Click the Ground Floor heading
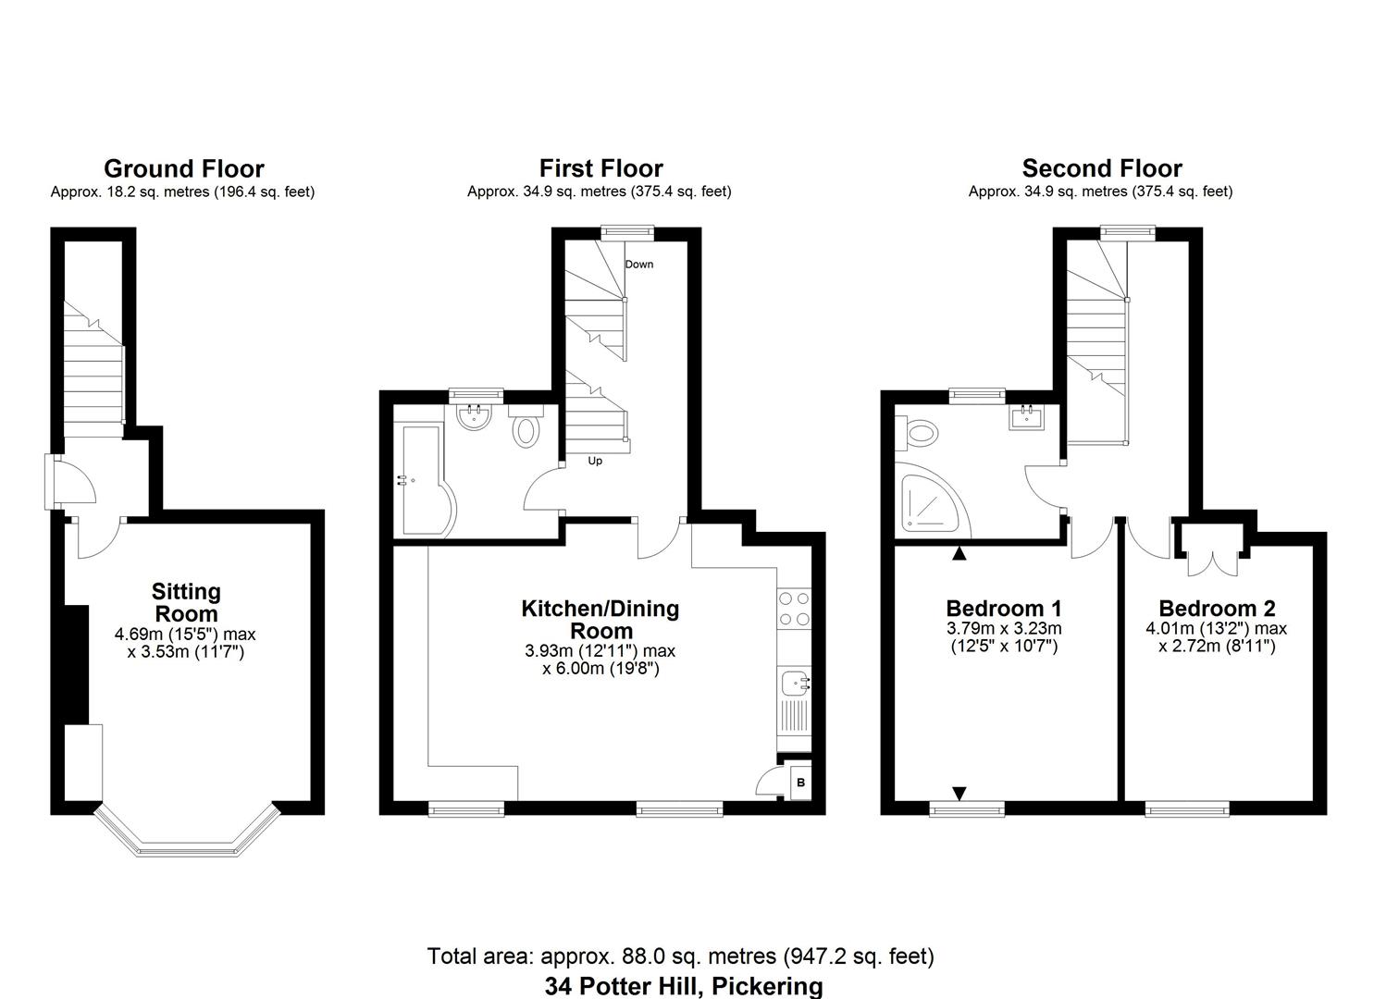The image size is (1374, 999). (x=183, y=169)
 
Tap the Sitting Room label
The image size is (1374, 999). (x=186, y=602)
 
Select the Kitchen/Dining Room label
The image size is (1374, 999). (x=600, y=620)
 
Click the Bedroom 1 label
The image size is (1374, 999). (x=1003, y=609)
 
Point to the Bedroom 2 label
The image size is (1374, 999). (x=1216, y=609)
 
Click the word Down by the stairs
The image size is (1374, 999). (x=638, y=265)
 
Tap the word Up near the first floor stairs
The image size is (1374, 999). (x=594, y=461)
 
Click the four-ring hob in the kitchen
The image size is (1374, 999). (x=794, y=609)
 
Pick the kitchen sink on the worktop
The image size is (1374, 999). (x=794, y=685)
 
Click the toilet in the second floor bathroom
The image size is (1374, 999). (x=921, y=432)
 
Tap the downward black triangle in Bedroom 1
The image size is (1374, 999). (x=959, y=793)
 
